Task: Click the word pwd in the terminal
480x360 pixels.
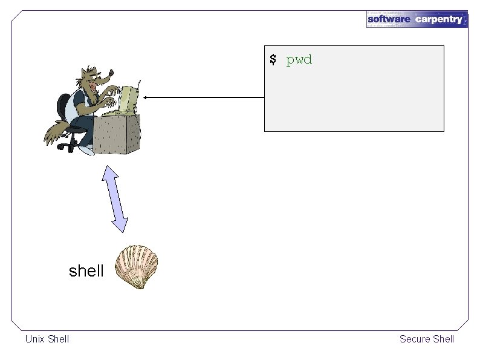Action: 299,60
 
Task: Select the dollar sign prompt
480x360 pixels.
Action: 273,59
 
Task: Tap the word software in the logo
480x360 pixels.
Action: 389,19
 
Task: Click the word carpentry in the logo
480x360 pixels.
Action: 439,19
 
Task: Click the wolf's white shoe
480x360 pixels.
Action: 88,148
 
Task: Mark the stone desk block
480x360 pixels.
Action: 117,134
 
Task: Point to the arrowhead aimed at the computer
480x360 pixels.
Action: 146,97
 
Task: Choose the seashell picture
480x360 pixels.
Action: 137,266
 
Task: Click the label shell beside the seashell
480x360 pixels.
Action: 86,271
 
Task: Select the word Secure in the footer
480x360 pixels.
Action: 414,339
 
